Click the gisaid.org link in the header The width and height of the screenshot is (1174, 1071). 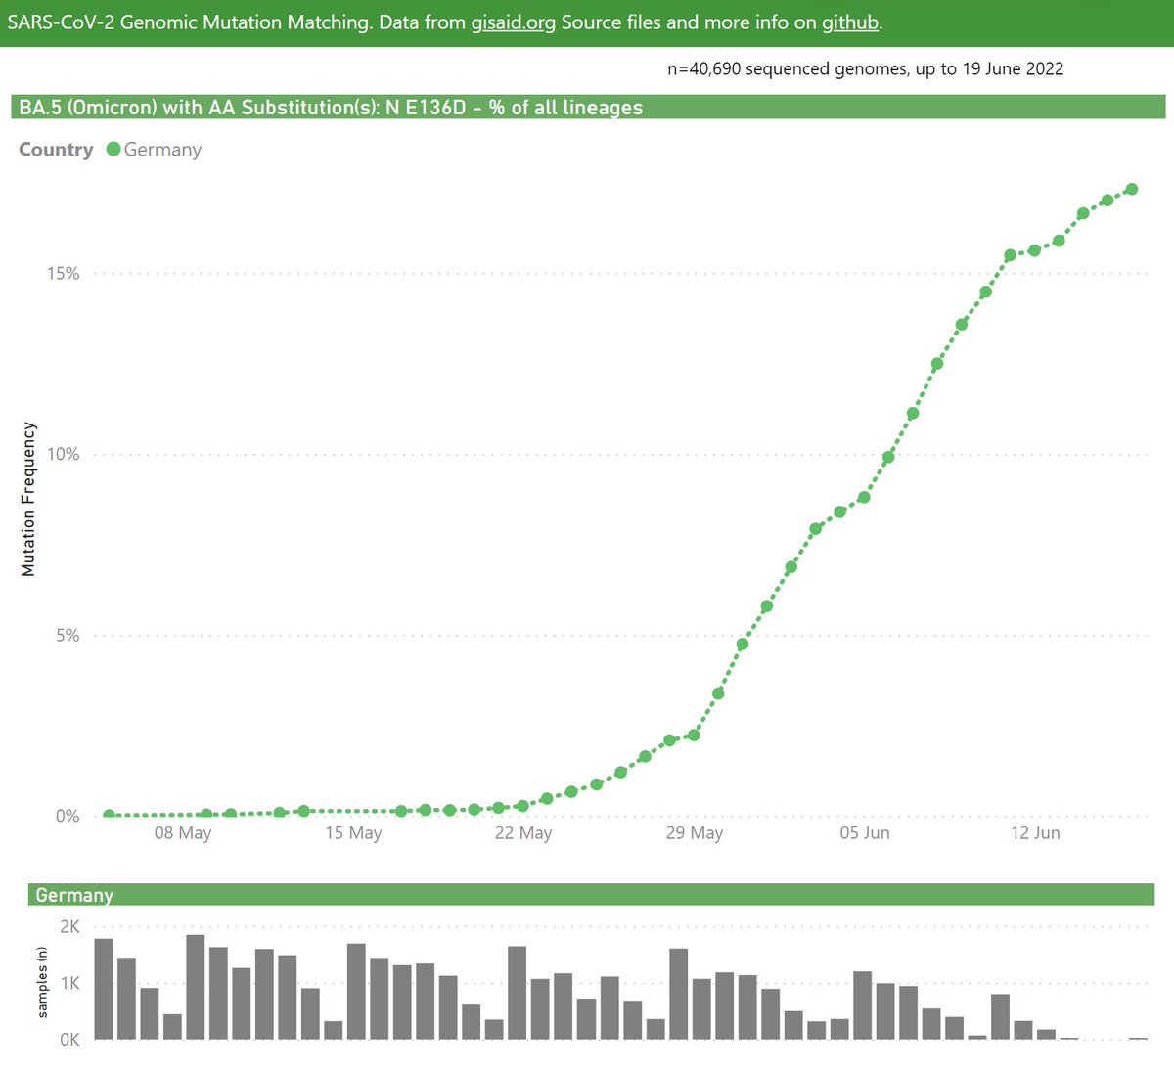point(514,22)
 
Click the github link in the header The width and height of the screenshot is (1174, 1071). point(850,22)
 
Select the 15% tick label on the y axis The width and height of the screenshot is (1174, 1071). point(64,273)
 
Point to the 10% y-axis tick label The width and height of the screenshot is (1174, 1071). point(64,454)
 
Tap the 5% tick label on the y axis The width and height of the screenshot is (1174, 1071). point(68,635)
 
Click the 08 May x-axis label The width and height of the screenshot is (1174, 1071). point(183,832)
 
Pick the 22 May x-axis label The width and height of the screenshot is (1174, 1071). point(523,832)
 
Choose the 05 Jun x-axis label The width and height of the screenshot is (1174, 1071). point(865,832)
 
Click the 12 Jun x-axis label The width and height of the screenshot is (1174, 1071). point(1035,832)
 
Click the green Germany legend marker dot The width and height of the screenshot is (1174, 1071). point(113,150)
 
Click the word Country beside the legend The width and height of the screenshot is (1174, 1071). point(56,150)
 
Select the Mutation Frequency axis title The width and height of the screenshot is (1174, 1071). point(28,499)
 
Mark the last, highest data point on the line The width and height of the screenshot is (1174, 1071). point(1132,189)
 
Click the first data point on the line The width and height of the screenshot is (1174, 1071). point(109,815)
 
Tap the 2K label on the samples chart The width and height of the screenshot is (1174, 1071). point(69,926)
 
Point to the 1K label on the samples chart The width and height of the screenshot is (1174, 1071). point(69,983)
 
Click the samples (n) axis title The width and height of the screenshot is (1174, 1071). point(42,982)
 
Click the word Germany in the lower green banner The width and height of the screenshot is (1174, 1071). point(74,895)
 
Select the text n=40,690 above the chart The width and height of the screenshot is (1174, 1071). point(704,69)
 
